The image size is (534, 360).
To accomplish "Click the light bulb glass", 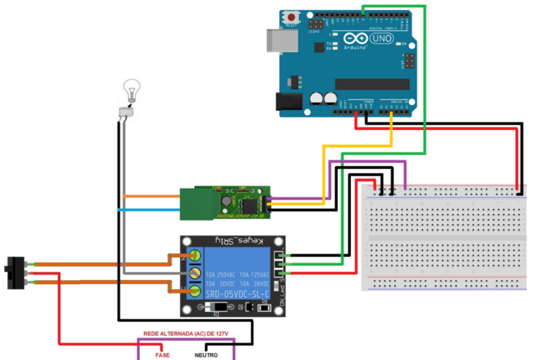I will [x=131, y=88].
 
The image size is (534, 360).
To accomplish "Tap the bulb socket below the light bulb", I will [x=127, y=109].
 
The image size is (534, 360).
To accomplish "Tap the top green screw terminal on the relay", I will [x=195, y=256].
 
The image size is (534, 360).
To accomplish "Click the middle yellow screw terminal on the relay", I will [x=195, y=273].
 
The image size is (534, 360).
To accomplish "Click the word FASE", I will [x=162, y=355].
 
